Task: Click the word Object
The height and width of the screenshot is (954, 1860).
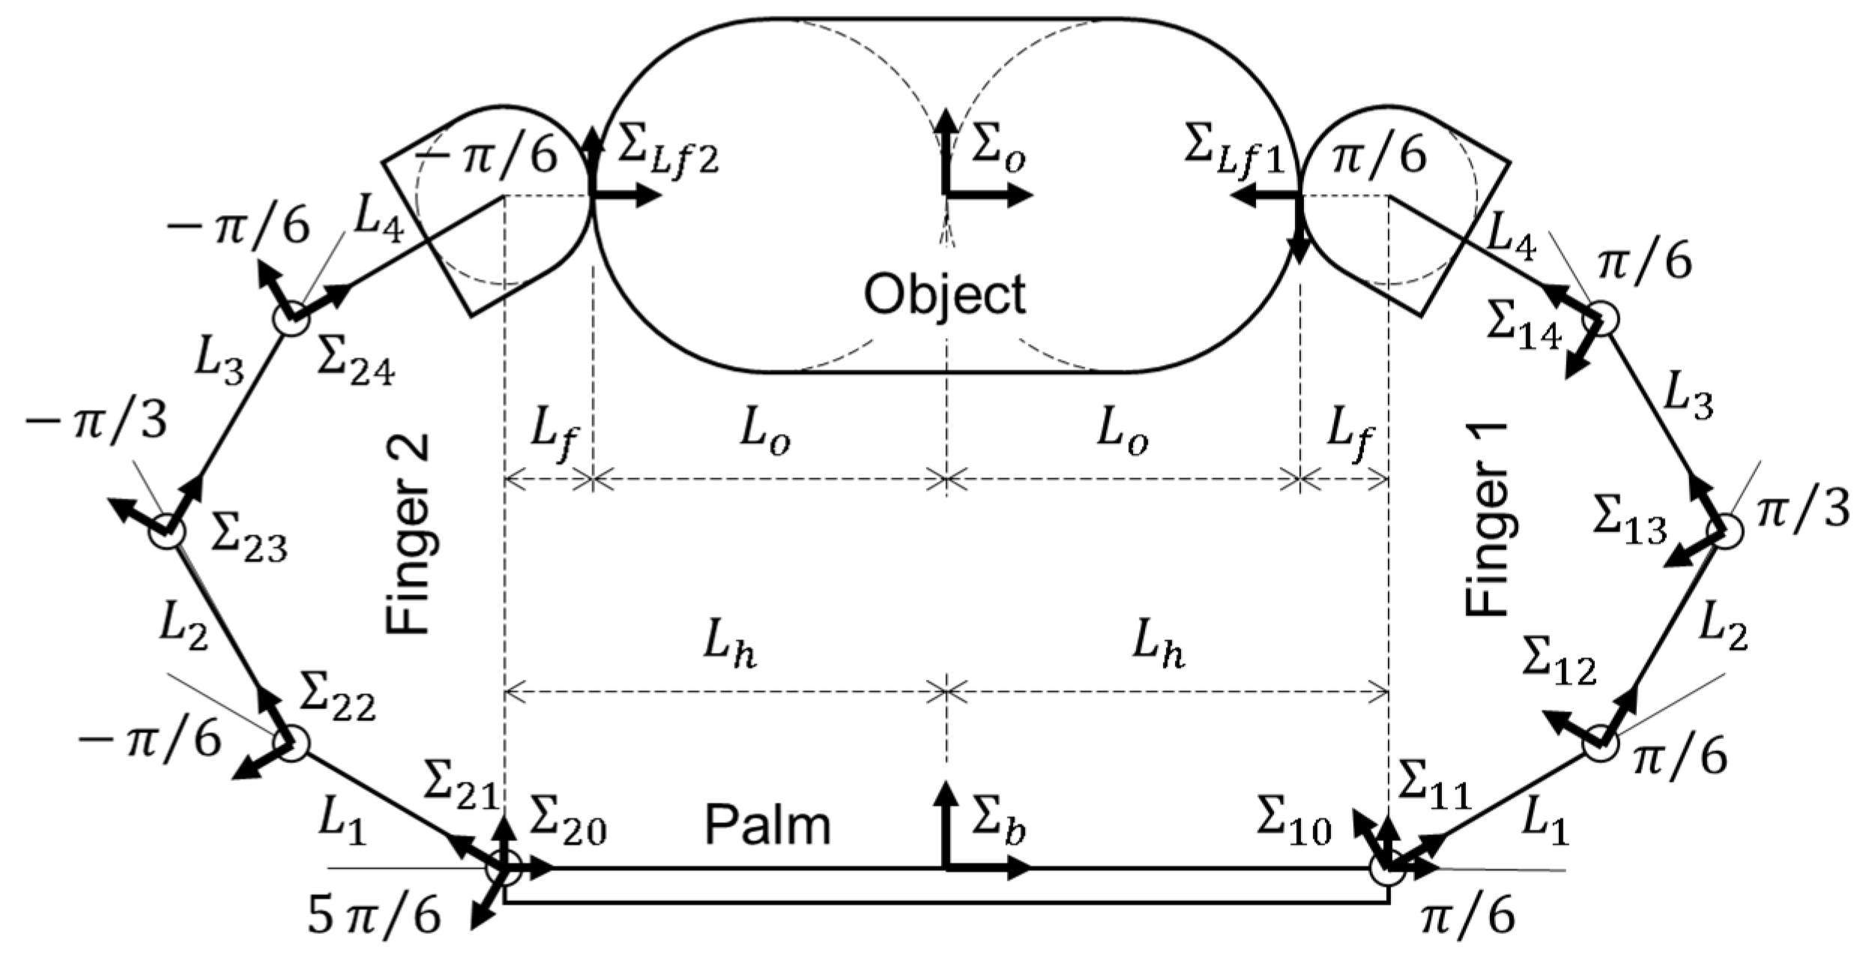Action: click(x=944, y=295)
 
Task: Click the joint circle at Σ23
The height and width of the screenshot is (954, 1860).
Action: click(x=166, y=533)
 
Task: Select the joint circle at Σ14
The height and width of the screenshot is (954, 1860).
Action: click(x=1601, y=319)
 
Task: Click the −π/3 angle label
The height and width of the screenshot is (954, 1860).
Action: click(x=96, y=425)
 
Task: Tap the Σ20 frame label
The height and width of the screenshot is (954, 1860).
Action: click(x=567, y=828)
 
